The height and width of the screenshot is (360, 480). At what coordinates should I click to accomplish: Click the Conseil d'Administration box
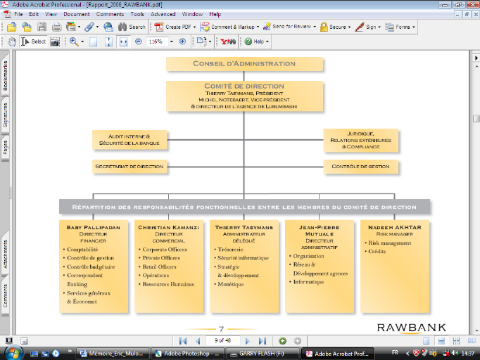click(245, 64)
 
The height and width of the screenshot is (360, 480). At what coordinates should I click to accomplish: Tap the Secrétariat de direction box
click(130, 167)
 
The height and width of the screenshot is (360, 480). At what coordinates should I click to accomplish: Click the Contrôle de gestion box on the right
click(360, 167)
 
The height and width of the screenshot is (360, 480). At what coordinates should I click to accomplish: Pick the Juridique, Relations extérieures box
click(360, 139)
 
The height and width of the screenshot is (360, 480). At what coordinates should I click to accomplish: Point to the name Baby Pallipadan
click(93, 228)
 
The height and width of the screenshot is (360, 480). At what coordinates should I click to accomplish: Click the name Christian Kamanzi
click(169, 228)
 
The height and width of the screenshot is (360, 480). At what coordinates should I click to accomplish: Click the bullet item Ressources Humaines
click(168, 284)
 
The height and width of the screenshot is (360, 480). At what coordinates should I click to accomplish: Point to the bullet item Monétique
click(231, 284)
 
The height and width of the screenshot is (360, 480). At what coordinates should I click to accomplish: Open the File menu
click(18, 14)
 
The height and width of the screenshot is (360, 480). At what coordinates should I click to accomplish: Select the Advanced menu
click(163, 14)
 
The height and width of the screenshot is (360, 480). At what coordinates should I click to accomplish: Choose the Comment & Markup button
click(231, 27)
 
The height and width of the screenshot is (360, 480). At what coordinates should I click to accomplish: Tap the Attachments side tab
click(6, 254)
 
